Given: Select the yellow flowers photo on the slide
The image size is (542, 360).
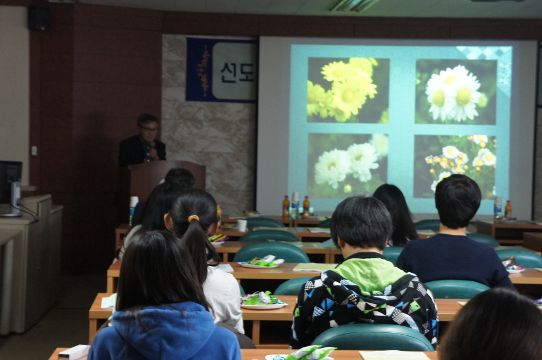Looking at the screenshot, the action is point(348,90).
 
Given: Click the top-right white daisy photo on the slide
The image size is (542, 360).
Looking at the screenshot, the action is point(456,92).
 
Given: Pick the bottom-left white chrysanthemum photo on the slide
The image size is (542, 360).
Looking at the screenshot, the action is point(347,166).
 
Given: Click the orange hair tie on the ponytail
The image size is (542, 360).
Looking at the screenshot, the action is point(193,219).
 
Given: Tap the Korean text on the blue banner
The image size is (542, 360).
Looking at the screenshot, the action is point(237,73).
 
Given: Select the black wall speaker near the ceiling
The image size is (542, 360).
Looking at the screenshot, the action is point(39,19).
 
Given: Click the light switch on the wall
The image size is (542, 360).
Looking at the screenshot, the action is point(34,151).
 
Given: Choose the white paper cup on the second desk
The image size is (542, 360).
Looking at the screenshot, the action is point(242,225).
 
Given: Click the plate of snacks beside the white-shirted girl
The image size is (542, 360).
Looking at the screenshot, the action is point(263,300).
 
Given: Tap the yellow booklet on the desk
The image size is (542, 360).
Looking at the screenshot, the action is point(314,267).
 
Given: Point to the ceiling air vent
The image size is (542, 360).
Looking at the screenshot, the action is point(354,5).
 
